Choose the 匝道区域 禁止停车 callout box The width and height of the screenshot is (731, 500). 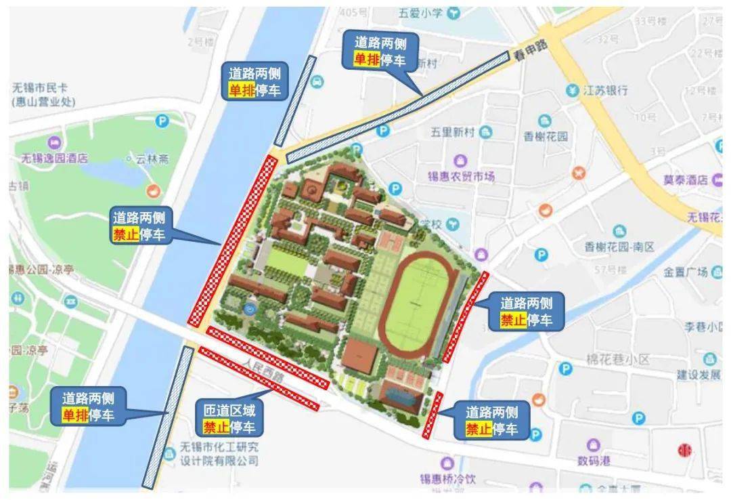tap(229, 419)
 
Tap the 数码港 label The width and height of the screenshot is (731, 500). tap(594, 461)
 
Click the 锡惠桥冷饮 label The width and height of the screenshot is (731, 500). tap(449, 480)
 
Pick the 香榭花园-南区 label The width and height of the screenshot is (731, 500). tap(620, 247)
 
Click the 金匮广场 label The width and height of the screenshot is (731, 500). tap(685, 272)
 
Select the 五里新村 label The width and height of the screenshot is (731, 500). tap(453, 132)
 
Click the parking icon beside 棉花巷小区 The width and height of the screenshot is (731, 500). tap(566, 369)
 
